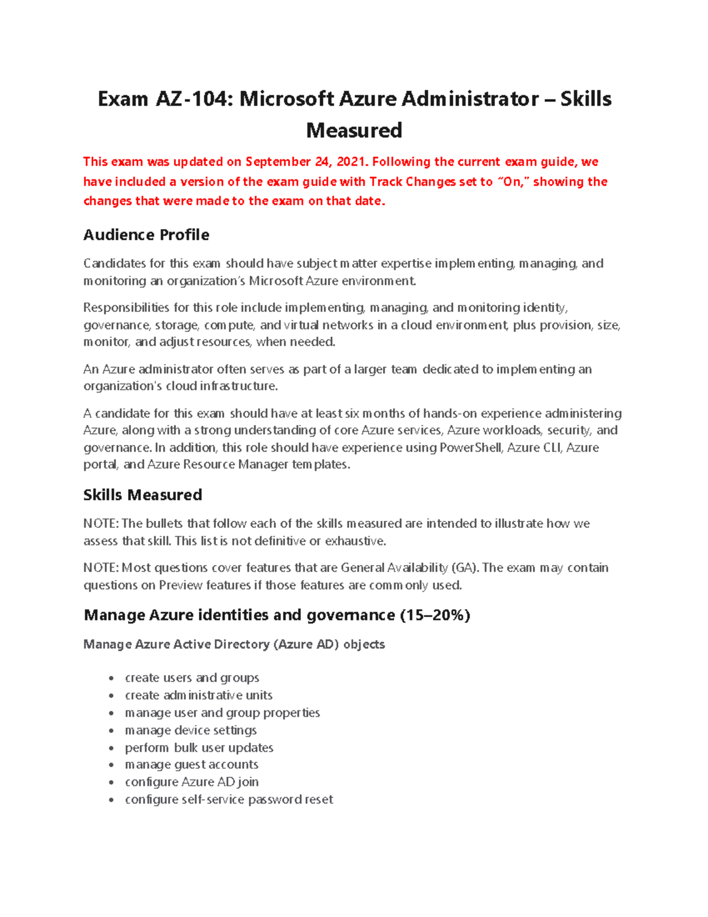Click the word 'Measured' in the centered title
(x=354, y=130)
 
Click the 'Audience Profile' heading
(x=146, y=235)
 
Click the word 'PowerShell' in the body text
(x=471, y=448)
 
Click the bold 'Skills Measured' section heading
(x=143, y=495)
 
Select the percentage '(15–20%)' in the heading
(x=435, y=615)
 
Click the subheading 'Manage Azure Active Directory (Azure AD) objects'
(x=234, y=644)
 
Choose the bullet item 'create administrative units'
(x=199, y=695)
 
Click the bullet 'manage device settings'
(x=191, y=730)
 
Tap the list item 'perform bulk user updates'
(x=199, y=748)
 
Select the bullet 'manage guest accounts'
(x=192, y=765)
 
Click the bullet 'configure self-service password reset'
(x=229, y=799)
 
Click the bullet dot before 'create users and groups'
(x=112, y=679)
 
